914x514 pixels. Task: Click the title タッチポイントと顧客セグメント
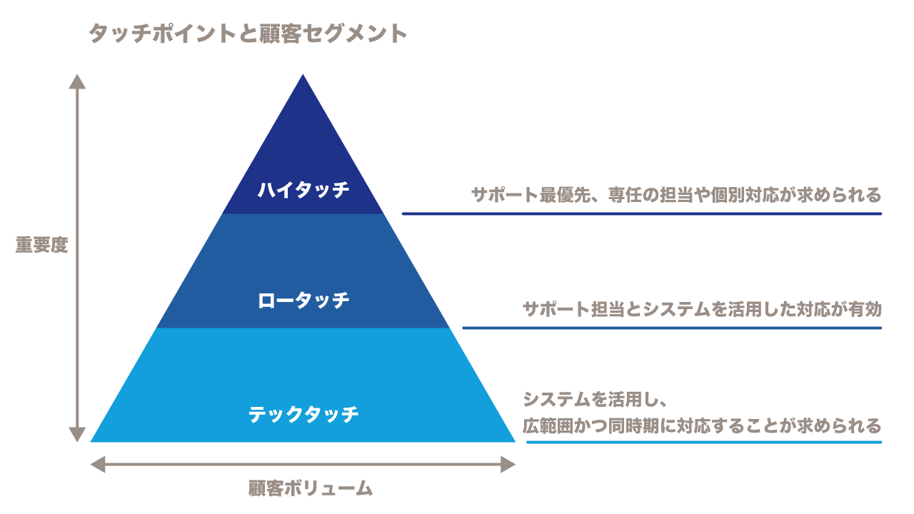(x=247, y=34)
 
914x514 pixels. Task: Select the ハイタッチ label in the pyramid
(x=303, y=190)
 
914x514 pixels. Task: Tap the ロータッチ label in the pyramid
(x=303, y=301)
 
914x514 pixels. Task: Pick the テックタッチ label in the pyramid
(x=303, y=414)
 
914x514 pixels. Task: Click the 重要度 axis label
(x=41, y=245)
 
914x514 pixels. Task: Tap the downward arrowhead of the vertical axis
(x=77, y=434)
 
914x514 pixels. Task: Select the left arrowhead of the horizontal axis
(x=99, y=465)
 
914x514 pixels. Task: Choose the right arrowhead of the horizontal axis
(x=507, y=465)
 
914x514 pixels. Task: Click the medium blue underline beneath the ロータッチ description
(x=671, y=328)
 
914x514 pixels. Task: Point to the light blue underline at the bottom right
(x=703, y=442)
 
